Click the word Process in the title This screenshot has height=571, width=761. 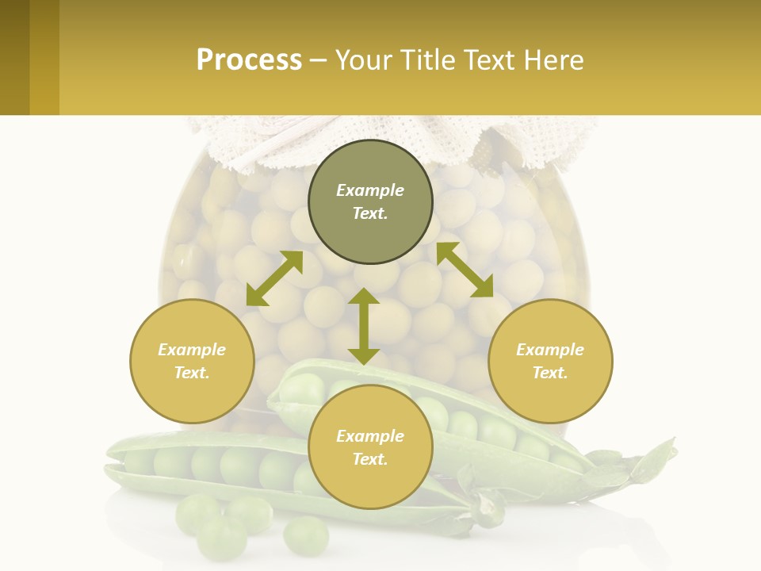[x=249, y=60]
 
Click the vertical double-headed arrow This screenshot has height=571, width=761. [x=364, y=326]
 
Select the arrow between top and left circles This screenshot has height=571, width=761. [x=274, y=278]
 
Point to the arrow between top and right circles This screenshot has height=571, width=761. [x=465, y=270]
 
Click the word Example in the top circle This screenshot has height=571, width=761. [x=370, y=190]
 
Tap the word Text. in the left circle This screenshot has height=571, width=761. [x=192, y=373]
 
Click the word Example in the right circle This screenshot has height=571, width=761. [x=550, y=350]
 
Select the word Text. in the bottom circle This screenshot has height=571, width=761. [x=370, y=459]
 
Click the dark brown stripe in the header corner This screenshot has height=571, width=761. [x=14, y=57]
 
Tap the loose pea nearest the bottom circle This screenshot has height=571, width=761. [x=306, y=535]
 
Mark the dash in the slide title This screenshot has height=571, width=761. [x=319, y=60]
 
